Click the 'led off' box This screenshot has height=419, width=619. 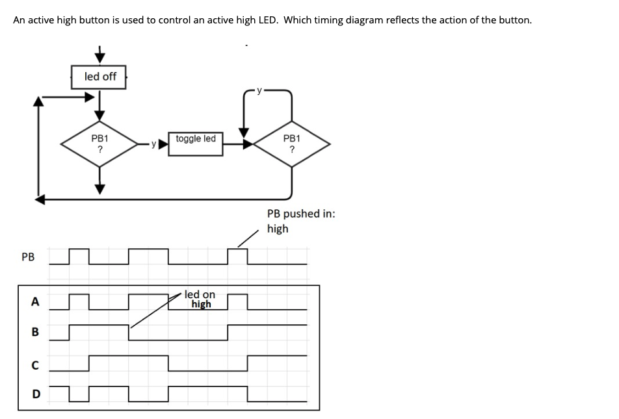coord(100,77)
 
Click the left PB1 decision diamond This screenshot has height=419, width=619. coord(99,144)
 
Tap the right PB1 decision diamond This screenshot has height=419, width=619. coord(292,144)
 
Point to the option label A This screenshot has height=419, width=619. coord(35,301)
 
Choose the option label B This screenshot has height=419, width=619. coord(35,332)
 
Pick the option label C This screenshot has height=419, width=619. coord(35,364)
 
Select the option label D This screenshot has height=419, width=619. coord(35,394)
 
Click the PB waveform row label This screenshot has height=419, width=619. coord(28,257)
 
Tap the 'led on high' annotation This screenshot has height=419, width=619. coord(200,299)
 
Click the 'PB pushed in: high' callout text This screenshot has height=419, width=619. coord(300,221)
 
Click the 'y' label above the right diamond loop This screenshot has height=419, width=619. coord(259,91)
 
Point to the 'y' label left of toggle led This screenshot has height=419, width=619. coord(153,144)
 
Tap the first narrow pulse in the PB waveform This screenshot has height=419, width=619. coord(77,256)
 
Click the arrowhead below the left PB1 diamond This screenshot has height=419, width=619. coord(99,188)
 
